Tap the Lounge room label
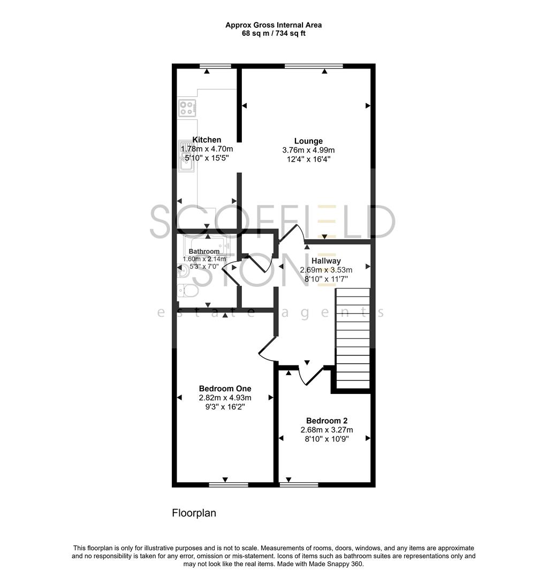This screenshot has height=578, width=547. pyautogui.click(x=308, y=141)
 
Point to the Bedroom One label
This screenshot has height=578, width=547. pyautogui.click(x=225, y=389)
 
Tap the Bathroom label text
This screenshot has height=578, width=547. pyautogui.click(x=204, y=252)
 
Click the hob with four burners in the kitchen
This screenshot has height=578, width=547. pyautogui.click(x=187, y=108)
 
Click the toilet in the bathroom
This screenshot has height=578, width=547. pyautogui.click(x=188, y=290)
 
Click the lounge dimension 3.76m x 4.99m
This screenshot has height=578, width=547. pyautogui.click(x=308, y=150)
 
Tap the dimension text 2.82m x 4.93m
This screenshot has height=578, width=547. pyautogui.click(x=225, y=398)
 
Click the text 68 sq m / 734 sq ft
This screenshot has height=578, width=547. pyautogui.click(x=273, y=33)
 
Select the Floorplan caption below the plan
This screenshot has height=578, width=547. pyautogui.click(x=194, y=513)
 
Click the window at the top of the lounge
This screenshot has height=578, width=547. pyautogui.click(x=314, y=66)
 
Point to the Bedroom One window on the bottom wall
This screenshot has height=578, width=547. pyautogui.click(x=225, y=485)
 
